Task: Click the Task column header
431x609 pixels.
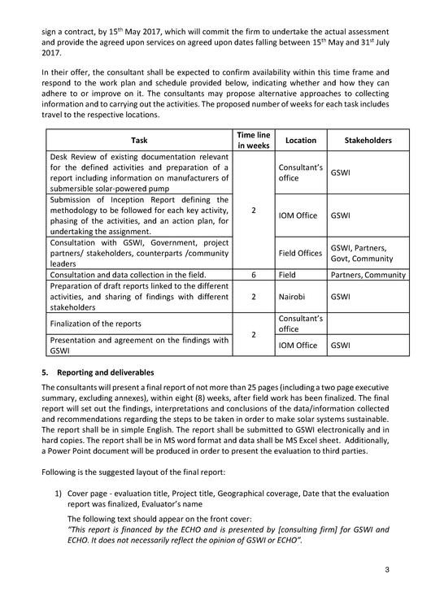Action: click(139, 140)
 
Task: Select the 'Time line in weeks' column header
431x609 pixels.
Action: click(254, 140)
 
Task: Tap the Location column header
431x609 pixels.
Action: click(300, 140)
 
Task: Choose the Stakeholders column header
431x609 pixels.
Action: click(368, 140)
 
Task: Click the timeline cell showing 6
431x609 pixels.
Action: click(254, 275)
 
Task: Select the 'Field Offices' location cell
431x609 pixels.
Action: click(300, 253)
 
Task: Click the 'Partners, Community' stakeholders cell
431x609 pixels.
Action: click(368, 275)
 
